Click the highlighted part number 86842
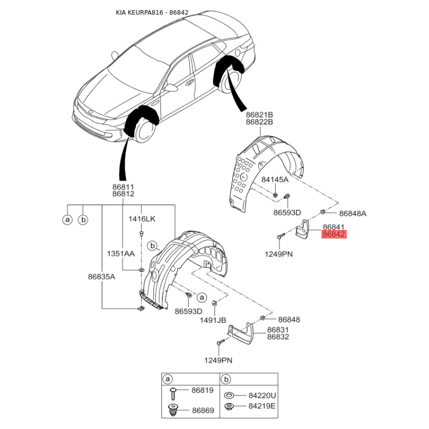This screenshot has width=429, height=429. point(334,234)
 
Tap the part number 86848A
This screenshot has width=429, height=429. point(353,213)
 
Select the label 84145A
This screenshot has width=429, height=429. point(275,180)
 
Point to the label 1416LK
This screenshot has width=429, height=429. point(142,219)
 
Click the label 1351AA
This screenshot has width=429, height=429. point(121,254)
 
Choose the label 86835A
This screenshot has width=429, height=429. point(101,277)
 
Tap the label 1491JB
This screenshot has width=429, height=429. point(213,320)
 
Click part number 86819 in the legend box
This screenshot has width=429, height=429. point(203,390)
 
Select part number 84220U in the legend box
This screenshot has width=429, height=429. point(262,395)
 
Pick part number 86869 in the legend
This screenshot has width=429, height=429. point(203,410)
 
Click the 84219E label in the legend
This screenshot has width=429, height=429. point(262,406)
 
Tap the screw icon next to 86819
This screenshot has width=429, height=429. point(173,394)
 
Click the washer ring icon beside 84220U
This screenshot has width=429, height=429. point(229,395)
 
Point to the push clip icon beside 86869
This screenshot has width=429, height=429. point(173,410)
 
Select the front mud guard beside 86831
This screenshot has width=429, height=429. point(240,333)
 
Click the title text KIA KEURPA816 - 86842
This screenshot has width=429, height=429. point(152,12)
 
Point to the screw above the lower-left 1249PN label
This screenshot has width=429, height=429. point(220,342)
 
